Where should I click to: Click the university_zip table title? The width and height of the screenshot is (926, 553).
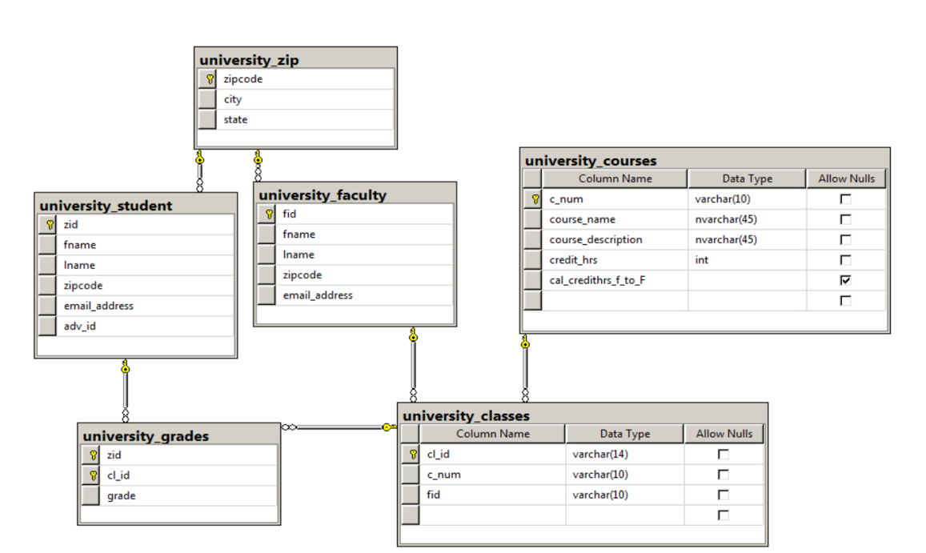tap(249, 60)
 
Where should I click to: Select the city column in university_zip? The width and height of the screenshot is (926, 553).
tap(233, 99)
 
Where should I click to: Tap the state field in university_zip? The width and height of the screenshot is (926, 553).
tap(235, 119)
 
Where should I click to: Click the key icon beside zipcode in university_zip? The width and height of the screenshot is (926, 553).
tap(209, 79)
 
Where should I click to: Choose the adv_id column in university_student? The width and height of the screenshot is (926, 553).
tap(80, 326)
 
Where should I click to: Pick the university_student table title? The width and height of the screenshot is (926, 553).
tap(106, 206)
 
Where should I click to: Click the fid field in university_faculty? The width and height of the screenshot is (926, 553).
tap(290, 214)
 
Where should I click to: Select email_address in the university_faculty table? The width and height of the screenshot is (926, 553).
tap(318, 295)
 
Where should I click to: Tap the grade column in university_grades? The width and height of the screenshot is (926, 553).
tap(122, 495)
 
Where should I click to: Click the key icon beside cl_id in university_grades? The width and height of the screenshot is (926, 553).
tap(92, 475)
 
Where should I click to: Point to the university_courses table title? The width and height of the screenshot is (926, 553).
tap(591, 161)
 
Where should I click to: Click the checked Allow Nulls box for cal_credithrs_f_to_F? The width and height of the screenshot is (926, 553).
tap(845, 280)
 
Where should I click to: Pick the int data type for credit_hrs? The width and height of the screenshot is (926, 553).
tap(702, 260)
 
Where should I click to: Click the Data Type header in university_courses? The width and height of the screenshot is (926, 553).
tap(747, 178)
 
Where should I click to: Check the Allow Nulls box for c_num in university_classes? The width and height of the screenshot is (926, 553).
tap(724, 474)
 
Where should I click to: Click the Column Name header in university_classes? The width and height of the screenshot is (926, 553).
tap(492, 434)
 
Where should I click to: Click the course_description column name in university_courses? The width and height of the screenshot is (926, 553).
tap(595, 239)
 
